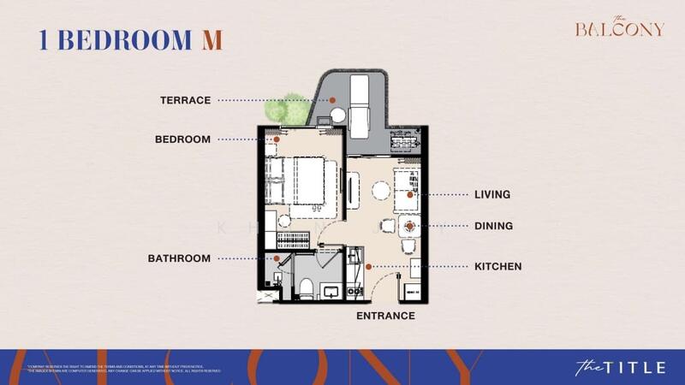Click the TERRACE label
point(185,100)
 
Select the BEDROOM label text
point(182,139)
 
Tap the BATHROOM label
point(179,258)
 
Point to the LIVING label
point(492,195)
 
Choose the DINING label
point(493,227)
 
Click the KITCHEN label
point(497,266)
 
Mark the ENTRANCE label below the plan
point(385,316)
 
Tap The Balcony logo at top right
point(619,27)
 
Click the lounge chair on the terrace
point(360,102)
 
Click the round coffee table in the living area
point(380,191)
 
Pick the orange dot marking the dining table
point(411,227)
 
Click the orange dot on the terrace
point(333,100)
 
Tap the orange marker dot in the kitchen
point(368,266)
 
